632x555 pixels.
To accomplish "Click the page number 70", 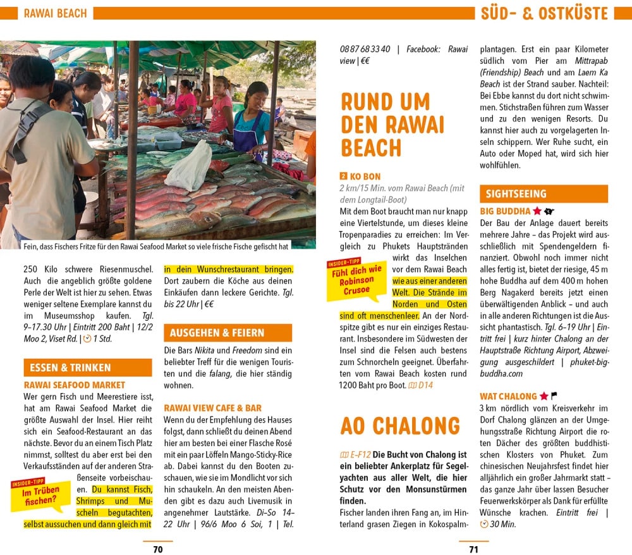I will click(x=158, y=549).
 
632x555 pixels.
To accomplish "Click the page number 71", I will click(x=474, y=549).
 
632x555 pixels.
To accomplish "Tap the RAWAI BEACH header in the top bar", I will click(x=55, y=13).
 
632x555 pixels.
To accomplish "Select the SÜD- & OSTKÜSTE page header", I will click(x=544, y=13).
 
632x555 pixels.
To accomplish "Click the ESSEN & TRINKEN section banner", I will click(x=69, y=368).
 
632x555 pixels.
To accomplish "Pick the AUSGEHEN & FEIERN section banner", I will click(x=217, y=333).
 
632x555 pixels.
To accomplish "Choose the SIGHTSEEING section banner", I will click(x=513, y=194).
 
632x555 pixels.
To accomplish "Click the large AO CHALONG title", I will click(x=401, y=426).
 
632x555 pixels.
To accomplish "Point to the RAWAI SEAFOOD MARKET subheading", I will click(x=75, y=385).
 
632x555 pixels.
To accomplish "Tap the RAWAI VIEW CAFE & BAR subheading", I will click(x=212, y=408).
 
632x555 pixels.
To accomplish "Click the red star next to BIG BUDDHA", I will click(x=537, y=211).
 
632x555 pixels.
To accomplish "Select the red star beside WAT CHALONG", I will click(x=543, y=396).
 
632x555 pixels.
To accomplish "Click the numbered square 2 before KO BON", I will click(x=343, y=177).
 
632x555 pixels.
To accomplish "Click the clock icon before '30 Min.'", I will click(x=484, y=525).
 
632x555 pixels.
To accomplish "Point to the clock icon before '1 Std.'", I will click(x=87, y=339).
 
